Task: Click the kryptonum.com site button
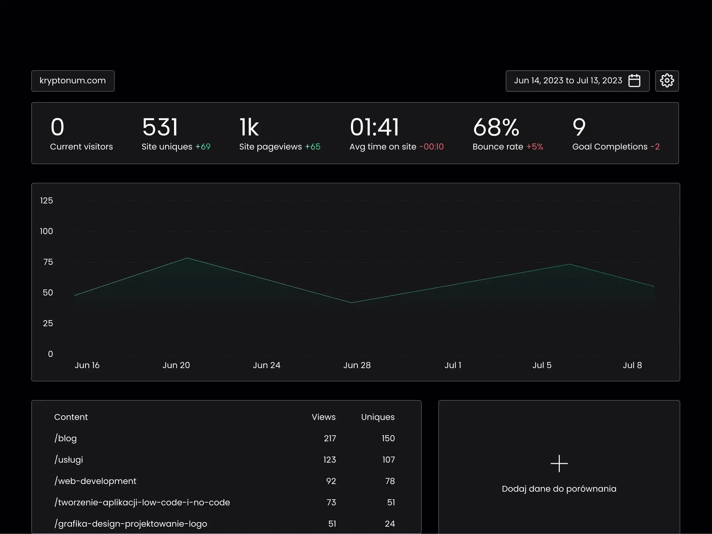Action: [x=73, y=81]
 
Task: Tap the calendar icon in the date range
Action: [x=634, y=81]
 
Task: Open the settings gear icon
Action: [x=667, y=81]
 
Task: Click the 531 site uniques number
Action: [x=160, y=127]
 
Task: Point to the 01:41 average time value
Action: [x=374, y=127]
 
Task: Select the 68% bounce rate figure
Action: [x=496, y=127]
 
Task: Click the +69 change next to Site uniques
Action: [x=203, y=147]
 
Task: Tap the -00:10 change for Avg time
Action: [x=431, y=147]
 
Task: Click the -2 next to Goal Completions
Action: [x=655, y=147]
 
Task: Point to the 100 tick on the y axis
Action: [x=46, y=231]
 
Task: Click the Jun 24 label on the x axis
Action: [x=267, y=365]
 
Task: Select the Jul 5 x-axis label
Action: [x=542, y=365]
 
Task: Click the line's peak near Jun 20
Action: [x=187, y=258]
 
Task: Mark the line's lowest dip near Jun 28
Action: [x=351, y=303]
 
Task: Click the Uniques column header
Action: [x=378, y=417]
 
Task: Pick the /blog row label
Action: [x=66, y=439]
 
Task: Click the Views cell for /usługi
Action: [x=329, y=460]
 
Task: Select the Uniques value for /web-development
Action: [x=390, y=481]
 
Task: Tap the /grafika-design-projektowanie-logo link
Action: [x=131, y=524]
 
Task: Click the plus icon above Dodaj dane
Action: [x=559, y=464]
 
